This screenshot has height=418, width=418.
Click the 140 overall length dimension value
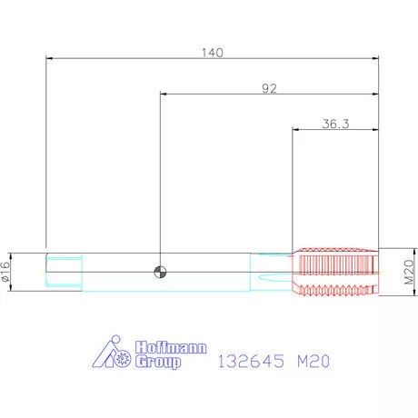(x=213, y=53)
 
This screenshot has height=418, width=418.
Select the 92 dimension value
(x=269, y=88)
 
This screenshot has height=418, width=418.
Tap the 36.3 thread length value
(x=335, y=124)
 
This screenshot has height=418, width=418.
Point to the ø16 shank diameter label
(x=5, y=272)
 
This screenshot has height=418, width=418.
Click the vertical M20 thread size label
(x=410, y=272)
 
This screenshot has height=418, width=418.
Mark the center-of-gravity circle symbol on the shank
(x=160, y=272)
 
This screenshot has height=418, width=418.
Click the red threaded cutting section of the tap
(x=335, y=272)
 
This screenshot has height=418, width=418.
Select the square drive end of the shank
(x=64, y=272)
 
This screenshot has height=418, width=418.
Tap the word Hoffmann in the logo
(x=171, y=347)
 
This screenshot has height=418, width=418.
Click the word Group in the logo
(x=158, y=362)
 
